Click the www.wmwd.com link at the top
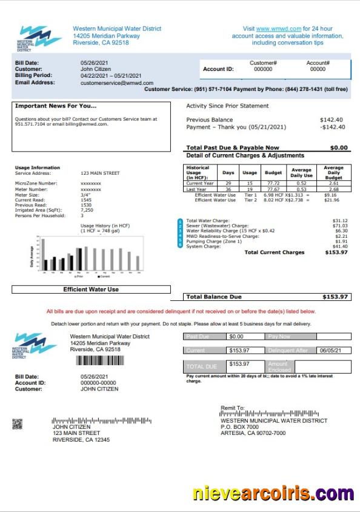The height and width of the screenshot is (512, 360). click(270, 29)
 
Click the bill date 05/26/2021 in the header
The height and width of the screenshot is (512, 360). click(93, 62)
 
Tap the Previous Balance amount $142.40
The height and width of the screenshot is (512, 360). click(332, 120)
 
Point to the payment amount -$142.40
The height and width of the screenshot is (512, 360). click(332, 127)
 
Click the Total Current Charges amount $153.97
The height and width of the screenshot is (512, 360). click(337, 252)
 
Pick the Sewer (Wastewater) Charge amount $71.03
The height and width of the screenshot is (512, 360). click(340, 226)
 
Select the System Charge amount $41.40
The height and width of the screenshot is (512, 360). click(340, 247)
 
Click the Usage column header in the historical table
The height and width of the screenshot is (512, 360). click(250, 173)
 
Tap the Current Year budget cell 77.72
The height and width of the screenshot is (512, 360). click(273, 183)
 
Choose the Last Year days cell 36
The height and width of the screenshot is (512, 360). click(228, 189)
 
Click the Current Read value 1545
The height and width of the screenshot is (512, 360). click(86, 200)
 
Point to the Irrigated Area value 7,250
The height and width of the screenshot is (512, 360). click(87, 210)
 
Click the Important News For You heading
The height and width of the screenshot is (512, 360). click(56, 106)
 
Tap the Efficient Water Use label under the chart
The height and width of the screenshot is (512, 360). click(91, 289)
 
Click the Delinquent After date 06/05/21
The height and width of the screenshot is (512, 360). click(331, 350)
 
